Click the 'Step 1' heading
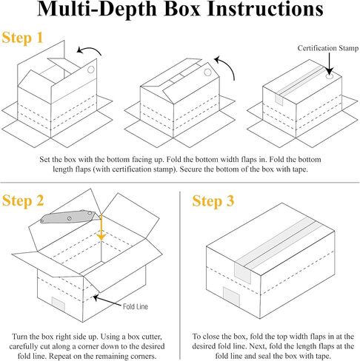click(x=22, y=38)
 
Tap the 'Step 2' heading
click(x=23, y=200)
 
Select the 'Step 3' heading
click(x=213, y=200)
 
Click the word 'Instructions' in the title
click(x=265, y=9)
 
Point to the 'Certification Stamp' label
click(x=328, y=48)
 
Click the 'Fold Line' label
click(x=136, y=306)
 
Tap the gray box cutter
click(x=70, y=217)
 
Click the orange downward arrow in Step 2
click(x=101, y=227)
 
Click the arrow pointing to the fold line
click(x=107, y=301)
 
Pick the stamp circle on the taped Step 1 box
click(x=330, y=76)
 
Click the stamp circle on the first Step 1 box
click(x=91, y=70)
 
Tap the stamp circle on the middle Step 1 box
click(x=207, y=72)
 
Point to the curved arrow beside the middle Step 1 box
click(x=228, y=65)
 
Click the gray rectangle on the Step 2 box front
click(x=59, y=304)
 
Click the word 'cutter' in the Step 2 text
click(x=150, y=337)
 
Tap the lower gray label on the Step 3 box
click(x=232, y=297)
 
